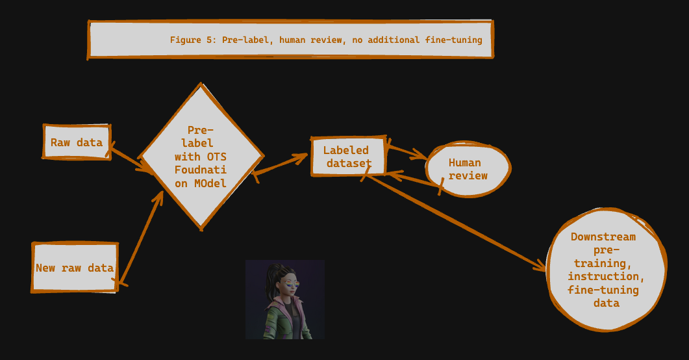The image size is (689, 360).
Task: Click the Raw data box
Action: pos(77,142)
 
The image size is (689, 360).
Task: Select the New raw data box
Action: pos(75,267)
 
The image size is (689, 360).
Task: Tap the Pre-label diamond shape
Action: pos(201,156)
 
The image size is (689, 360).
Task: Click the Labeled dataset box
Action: pos(348,157)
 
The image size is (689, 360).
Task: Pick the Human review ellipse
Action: pos(468,169)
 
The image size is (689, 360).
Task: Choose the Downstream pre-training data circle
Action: pos(605,269)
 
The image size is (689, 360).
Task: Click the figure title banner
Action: pos(290,40)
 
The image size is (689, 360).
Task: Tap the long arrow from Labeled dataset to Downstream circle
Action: pos(455,222)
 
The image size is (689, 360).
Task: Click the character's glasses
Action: pos(290,283)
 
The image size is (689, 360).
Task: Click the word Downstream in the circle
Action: pos(603,237)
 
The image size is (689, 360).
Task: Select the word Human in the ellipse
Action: pos(464,162)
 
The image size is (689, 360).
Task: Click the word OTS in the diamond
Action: pos(216,157)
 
